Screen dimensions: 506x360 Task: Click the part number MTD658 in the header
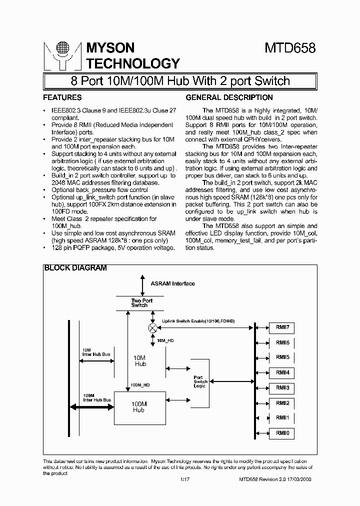(x=289, y=48)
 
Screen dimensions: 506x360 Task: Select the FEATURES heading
(x=62, y=97)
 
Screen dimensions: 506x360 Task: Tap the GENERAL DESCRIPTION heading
(x=229, y=97)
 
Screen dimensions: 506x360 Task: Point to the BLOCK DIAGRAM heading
(x=75, y=268)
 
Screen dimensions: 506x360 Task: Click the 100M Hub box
(x=138, y=406)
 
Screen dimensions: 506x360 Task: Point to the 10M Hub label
(x=140, y=361)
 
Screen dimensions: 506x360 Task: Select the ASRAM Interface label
(x=172, y=283)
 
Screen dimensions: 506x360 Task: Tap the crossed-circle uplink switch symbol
(x=153, y=327)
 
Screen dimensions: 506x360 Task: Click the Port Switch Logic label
(x=200, y=381)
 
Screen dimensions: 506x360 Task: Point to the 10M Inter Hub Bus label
(x=96, y=352)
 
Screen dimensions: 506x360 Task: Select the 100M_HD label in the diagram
(x=139, y=385)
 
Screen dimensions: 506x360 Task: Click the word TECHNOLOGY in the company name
(x=133, y=63)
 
